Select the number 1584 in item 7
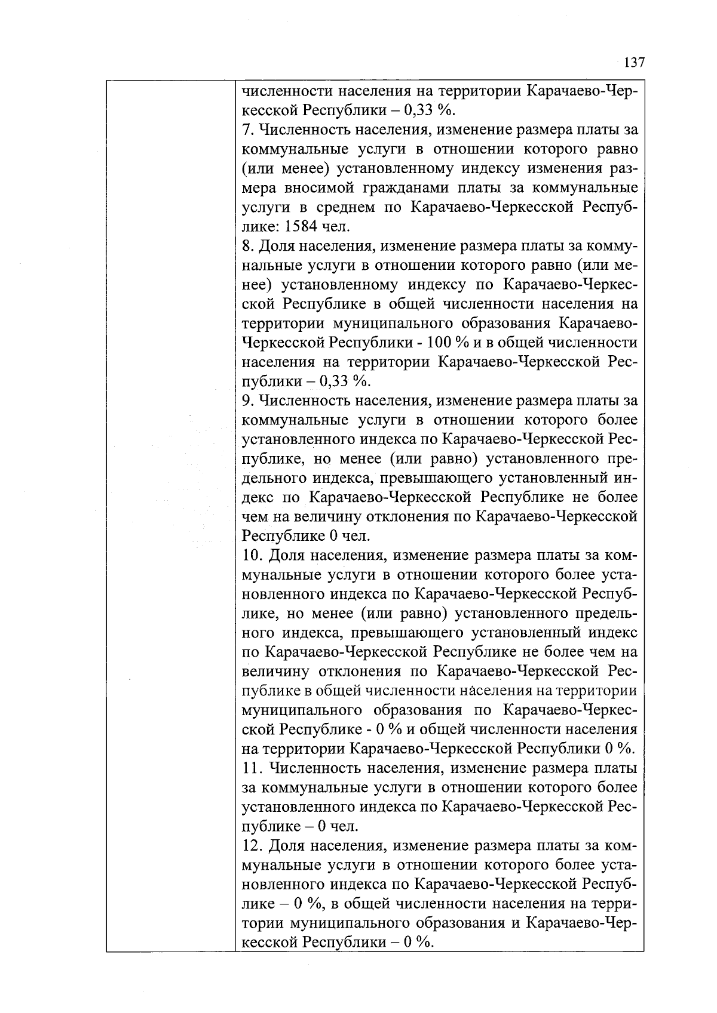(x=302, y=227)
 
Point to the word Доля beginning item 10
(x=285, y=556)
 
